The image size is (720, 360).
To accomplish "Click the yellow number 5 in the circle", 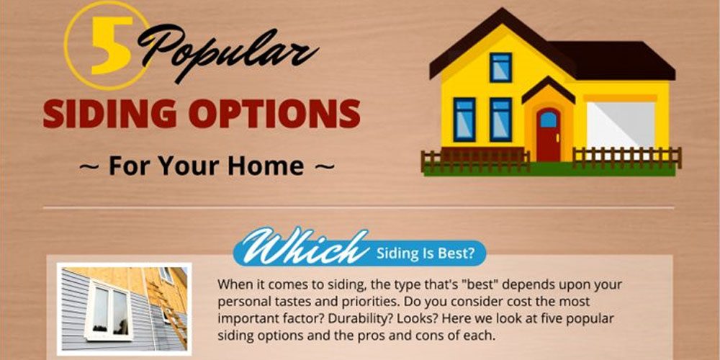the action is pos(111,45).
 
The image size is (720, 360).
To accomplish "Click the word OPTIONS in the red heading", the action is pos(274,113).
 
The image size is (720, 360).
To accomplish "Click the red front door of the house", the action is pos(548,135).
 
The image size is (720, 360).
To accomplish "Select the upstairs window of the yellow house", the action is pos(500,68).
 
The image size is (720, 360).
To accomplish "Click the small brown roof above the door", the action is pos(548,89).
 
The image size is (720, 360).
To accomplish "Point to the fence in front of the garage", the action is pos(627,158).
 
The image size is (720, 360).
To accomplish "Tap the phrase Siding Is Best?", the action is pos(426,253).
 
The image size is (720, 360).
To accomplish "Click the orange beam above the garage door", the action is pos(620,98).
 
